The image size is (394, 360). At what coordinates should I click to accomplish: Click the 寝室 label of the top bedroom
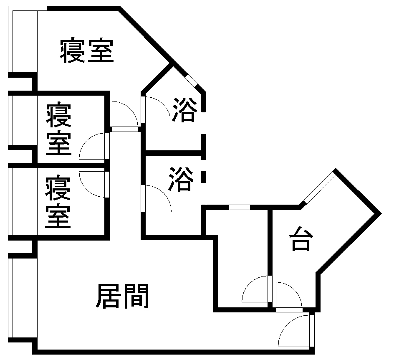point(87,50)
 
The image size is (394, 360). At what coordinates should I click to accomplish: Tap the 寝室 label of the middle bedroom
point(58,128)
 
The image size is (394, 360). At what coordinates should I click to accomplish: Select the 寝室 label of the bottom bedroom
point(58,202)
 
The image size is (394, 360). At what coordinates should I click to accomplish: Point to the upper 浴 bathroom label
point(184,109)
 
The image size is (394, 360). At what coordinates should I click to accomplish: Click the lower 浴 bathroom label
point(181,179)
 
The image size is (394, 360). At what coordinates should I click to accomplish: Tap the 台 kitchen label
point(301,238)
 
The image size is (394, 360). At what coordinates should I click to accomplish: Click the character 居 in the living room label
point(108,296)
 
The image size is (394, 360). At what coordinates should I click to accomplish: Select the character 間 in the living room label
point(137,296)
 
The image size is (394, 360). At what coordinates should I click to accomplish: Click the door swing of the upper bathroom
point(158,110)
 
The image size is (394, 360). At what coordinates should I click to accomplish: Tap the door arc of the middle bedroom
point(92,146)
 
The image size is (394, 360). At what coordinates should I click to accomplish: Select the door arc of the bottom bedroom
point(92,184)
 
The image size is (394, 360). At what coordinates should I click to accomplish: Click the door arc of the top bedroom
point(125,114)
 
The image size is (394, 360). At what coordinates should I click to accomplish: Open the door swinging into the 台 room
point(289,295)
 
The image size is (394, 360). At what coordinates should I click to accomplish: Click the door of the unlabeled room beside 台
point(255,289)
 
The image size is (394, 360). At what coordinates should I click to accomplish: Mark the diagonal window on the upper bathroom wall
point(192,81)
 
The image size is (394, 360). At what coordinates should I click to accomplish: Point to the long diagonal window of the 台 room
point(320,187)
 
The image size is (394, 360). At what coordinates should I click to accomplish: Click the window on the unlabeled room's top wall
point(240,208)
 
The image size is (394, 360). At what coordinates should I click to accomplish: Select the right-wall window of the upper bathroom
point(204,123)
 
